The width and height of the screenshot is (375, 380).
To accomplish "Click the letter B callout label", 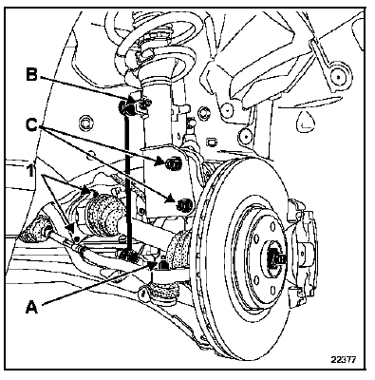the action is coord(31,76).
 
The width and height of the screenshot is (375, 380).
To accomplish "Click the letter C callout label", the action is coord(32,125).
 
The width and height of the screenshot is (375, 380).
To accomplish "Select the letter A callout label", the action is coord(31,307).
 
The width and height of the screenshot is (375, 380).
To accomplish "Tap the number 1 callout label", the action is coord(30,172).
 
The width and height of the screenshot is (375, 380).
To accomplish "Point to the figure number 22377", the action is coord(344,360).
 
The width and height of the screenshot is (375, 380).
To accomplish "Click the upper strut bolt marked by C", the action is coord(174,163).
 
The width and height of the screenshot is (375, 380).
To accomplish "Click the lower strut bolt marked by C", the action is coord(184,205).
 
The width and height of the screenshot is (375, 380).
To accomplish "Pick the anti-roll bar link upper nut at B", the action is coord(125,107).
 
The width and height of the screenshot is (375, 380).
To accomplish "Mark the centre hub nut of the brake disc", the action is coord(274,257).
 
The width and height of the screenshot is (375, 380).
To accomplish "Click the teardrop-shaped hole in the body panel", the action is coord(306,122).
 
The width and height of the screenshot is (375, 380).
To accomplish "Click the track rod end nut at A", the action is coord(162,265).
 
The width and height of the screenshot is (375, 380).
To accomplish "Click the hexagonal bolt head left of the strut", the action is coord(85,122).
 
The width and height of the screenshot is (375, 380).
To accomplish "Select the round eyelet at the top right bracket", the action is coord(338,77).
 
